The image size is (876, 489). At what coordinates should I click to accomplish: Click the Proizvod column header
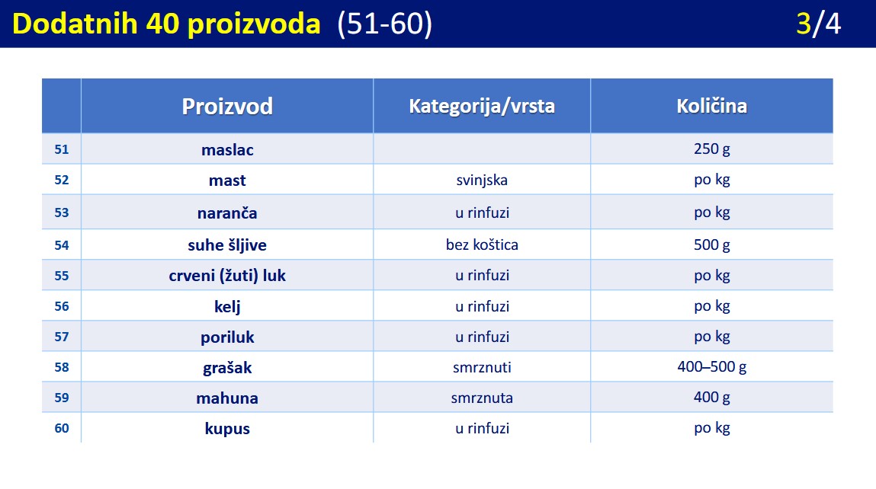click(227, 106)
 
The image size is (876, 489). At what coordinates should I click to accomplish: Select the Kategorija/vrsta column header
click(482, 106)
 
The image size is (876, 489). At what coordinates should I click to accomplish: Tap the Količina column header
click(712, 106)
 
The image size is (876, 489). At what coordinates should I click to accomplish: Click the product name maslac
click(227, 149)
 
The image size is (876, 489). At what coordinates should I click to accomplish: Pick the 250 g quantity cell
click(712, 149)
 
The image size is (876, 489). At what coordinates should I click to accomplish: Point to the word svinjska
click(482, 181)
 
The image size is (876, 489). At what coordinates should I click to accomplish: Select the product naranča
click(227, 213)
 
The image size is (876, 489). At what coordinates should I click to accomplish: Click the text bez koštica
click(482, 244)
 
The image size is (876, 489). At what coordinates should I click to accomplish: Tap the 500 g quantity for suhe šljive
click(712, 244)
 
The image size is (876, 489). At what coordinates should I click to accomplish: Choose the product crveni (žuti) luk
click(227, 275)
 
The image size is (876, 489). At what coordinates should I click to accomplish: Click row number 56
click(62, 306)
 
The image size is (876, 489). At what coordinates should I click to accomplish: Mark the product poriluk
click(227, 337)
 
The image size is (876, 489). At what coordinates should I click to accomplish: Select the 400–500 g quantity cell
click(712, 367)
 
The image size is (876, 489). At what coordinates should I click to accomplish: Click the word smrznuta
click(482, 398)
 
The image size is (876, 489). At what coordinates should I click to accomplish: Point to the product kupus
click(227, 429)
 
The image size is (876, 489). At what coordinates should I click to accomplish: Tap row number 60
click(62, 428)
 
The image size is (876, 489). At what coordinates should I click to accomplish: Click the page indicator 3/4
click(819, 24)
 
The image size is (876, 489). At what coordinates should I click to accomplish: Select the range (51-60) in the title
click(385, 24)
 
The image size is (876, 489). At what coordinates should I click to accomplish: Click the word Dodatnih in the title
click(75, 24)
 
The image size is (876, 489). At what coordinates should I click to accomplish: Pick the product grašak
click(227, 368)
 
